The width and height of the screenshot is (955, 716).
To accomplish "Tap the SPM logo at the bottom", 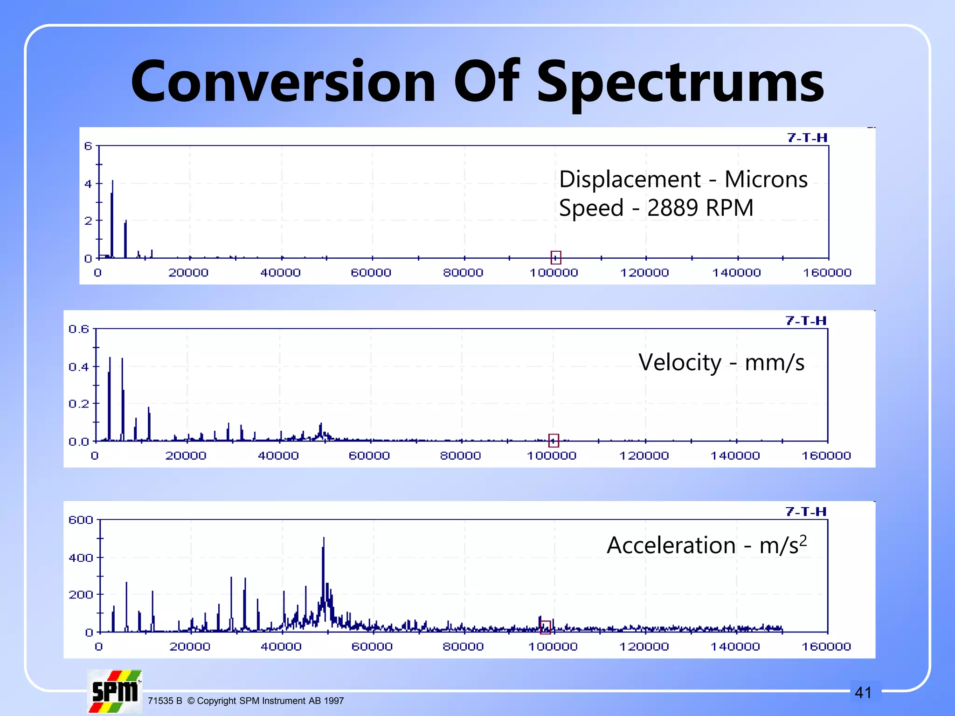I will coord(115,691).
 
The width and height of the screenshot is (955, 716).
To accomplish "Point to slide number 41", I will coord(863,693).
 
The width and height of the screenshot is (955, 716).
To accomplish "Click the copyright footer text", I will coord(246,701).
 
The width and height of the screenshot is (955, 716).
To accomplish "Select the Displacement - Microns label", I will coord(683,179).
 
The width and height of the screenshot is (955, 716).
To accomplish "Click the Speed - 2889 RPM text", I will coord(656,208).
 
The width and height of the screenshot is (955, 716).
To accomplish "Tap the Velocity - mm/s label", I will coord(721,362).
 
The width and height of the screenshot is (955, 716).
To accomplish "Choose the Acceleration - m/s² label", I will coord(706,545).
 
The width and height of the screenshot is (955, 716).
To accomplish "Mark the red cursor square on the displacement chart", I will coord(555,257).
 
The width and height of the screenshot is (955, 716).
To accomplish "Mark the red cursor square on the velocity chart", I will coord(554,440).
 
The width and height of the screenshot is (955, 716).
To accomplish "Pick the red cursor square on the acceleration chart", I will coord(545,627).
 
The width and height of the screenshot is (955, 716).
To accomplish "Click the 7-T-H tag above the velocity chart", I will coord(806,321).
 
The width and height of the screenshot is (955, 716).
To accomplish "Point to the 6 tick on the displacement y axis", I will coord(88,146).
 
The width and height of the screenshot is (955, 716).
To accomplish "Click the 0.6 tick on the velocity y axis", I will coord(79,329).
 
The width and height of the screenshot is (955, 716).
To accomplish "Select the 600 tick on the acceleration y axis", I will coord(81,520).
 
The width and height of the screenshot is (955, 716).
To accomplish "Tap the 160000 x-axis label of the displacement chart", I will coord(827,273).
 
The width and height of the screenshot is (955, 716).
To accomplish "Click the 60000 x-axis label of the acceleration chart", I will coord(372,647).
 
